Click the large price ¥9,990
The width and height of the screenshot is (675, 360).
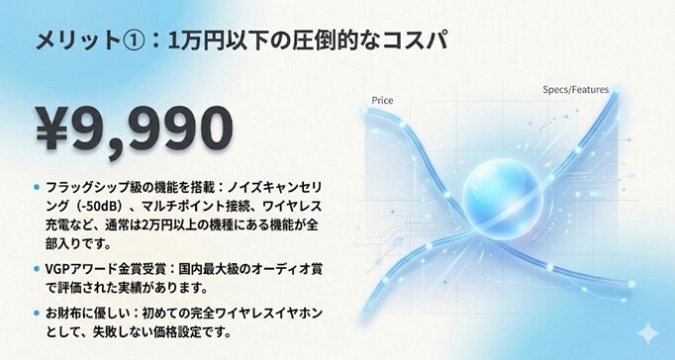click(135, 130)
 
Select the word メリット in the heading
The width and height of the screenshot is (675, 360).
click(78, 41)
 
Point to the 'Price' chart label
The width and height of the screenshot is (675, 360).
click(382, 101)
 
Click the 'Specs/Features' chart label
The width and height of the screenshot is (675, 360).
click(576, 89)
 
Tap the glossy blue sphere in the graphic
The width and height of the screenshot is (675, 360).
click(501, 199)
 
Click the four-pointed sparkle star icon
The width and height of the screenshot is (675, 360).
click(647, 333)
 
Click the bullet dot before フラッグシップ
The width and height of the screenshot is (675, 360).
click(37, 187)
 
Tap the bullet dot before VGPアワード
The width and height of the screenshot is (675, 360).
click(37, 269)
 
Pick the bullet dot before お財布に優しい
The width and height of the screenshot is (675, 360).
click(37, 314)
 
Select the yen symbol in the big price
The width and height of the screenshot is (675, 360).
click(52, 129)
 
